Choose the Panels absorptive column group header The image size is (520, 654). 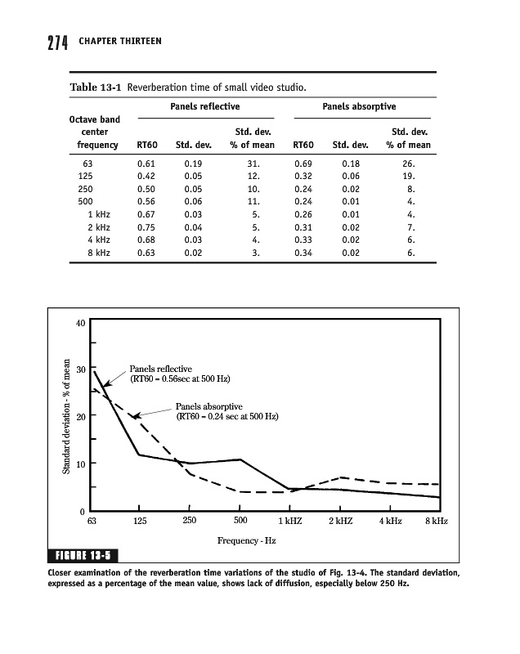(359, 106)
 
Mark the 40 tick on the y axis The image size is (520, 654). (80, 322)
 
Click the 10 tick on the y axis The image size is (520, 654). (80, 464)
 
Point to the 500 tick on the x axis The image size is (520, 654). (240, 521)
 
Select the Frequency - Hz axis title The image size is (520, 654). (246, 541)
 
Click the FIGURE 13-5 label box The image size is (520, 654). (83, 558)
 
